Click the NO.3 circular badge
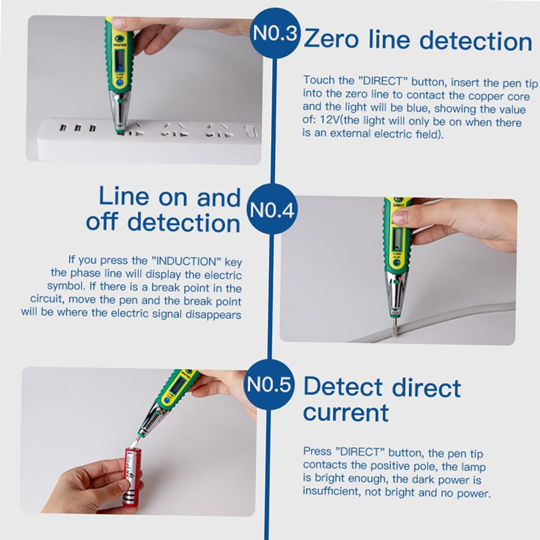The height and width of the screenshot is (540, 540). point(276,36)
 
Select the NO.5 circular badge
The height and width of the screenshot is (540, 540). point(269,387)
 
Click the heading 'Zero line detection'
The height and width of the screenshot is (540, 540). point(417,40)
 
